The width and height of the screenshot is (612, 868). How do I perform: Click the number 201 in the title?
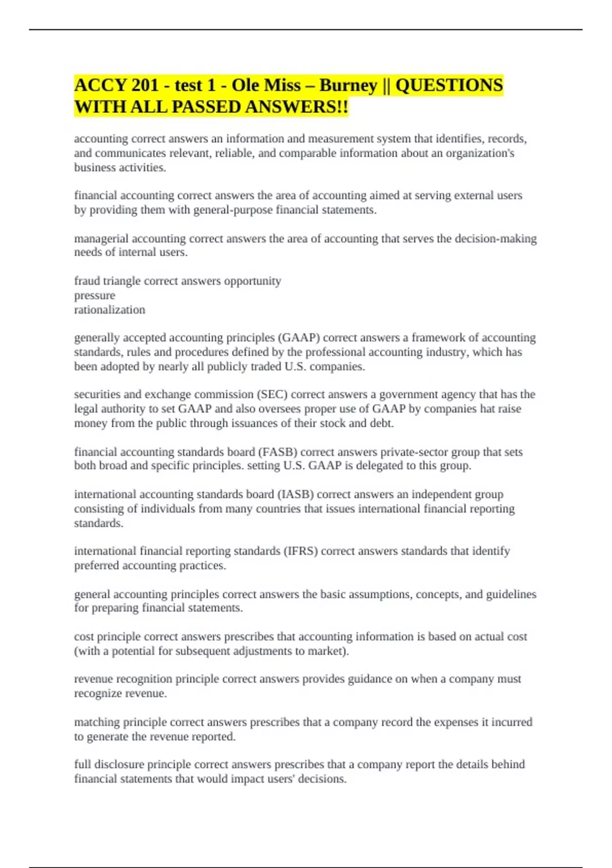click(x=145, y=85)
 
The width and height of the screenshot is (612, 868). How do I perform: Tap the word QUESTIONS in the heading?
click(x=449, y=85)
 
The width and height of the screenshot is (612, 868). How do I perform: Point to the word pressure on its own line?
click(x=94, y=296)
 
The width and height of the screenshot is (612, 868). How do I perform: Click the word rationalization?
click(x=110, y=310)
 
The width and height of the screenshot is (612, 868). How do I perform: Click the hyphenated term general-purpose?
click(x=233, y=210)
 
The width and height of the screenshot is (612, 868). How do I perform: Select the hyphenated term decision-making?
click(x=495, y=238)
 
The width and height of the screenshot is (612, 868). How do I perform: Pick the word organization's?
click(x=480, y=153)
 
